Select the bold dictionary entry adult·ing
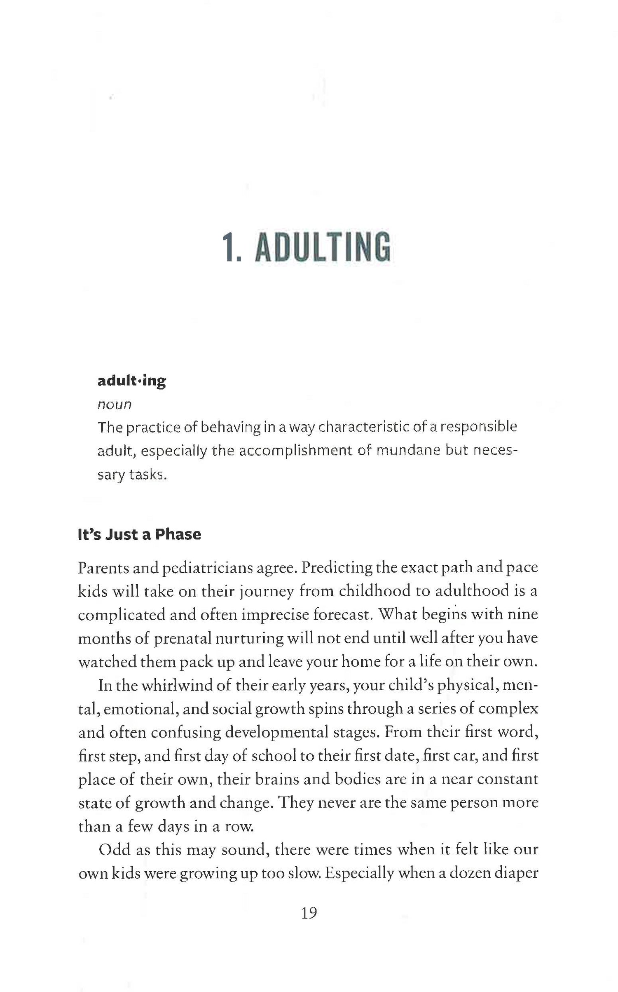131,381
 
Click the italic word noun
114,405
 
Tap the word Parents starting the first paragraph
103,568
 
